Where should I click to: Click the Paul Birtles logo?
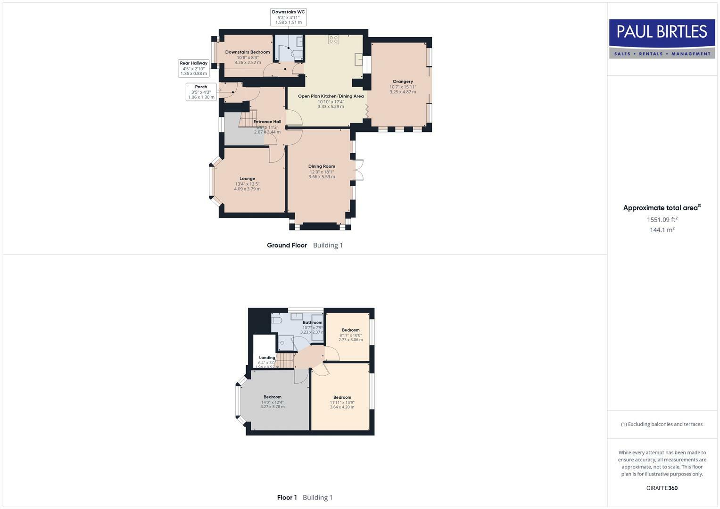[662, 39]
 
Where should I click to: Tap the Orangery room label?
[402, 82]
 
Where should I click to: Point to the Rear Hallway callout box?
[193, 68]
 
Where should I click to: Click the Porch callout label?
[201, 92]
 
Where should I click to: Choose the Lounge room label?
[247, 179]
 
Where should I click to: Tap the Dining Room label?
[322, 166]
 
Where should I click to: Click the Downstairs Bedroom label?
[247, 52]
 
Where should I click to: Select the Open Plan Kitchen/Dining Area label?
[331, 96]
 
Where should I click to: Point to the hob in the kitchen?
[334, 40]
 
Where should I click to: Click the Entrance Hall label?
[267, 122]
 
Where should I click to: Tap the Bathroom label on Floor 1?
[312, 322]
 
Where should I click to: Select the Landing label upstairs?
[267, 358]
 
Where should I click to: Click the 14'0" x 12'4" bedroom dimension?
[273, 402]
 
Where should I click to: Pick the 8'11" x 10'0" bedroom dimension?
[351, 335]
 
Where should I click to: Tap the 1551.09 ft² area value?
[662, 220]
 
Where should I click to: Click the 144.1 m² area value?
[662, 230]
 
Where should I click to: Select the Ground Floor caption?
[287, 245]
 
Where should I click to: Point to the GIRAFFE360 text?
[662, 488]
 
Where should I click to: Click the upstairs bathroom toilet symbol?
[277, 320]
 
